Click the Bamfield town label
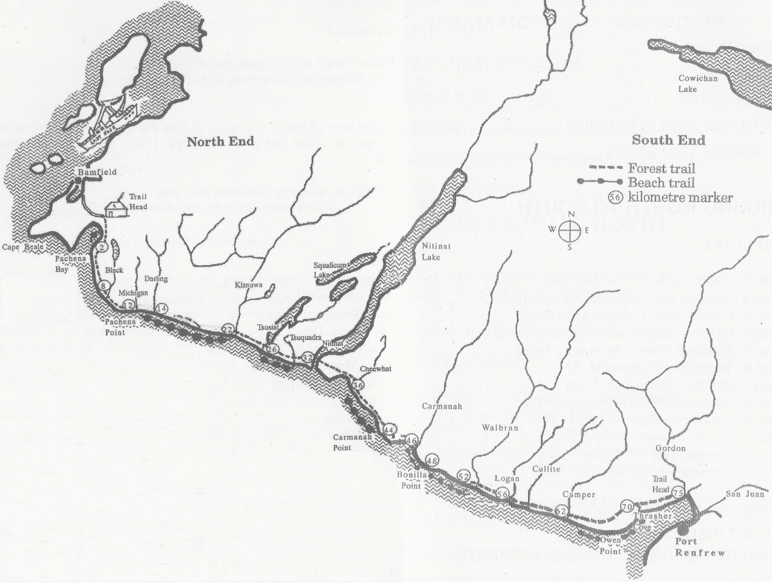click(x=97, y=172)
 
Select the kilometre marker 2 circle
click(x=101, y=247)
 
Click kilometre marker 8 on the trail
click(x=103, y=286)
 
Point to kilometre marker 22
click(x=227, y=329)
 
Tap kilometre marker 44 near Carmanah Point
click(x=389, y=430)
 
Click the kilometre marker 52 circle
click(x=464, y=476)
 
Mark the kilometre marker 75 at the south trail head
click(x=677, y=492)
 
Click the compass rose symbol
click(x=570, y=230)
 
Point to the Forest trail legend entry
click(x=661, y=168)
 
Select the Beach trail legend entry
click(x=661, y=182)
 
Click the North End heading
click(x=220, y=141)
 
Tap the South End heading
click(x=668, y=139)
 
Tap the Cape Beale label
click(x=20, y=247)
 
